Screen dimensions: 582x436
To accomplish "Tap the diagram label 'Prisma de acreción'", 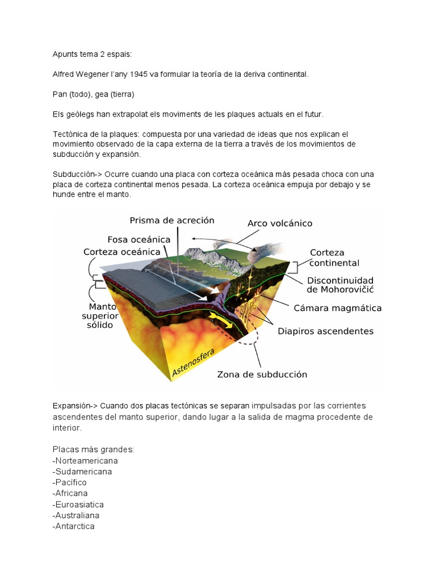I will (x=172, y=220).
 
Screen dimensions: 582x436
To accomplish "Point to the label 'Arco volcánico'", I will (x=280, y=223).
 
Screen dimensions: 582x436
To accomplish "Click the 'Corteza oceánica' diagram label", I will (x=127, y=251).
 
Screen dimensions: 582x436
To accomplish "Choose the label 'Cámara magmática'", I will (x=337, y=308).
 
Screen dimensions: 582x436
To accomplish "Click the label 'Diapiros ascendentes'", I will (x=325, y=331).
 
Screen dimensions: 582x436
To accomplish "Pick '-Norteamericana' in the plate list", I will (x=85, y=460).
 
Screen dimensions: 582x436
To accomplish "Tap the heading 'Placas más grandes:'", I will (x=93, y=450).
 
